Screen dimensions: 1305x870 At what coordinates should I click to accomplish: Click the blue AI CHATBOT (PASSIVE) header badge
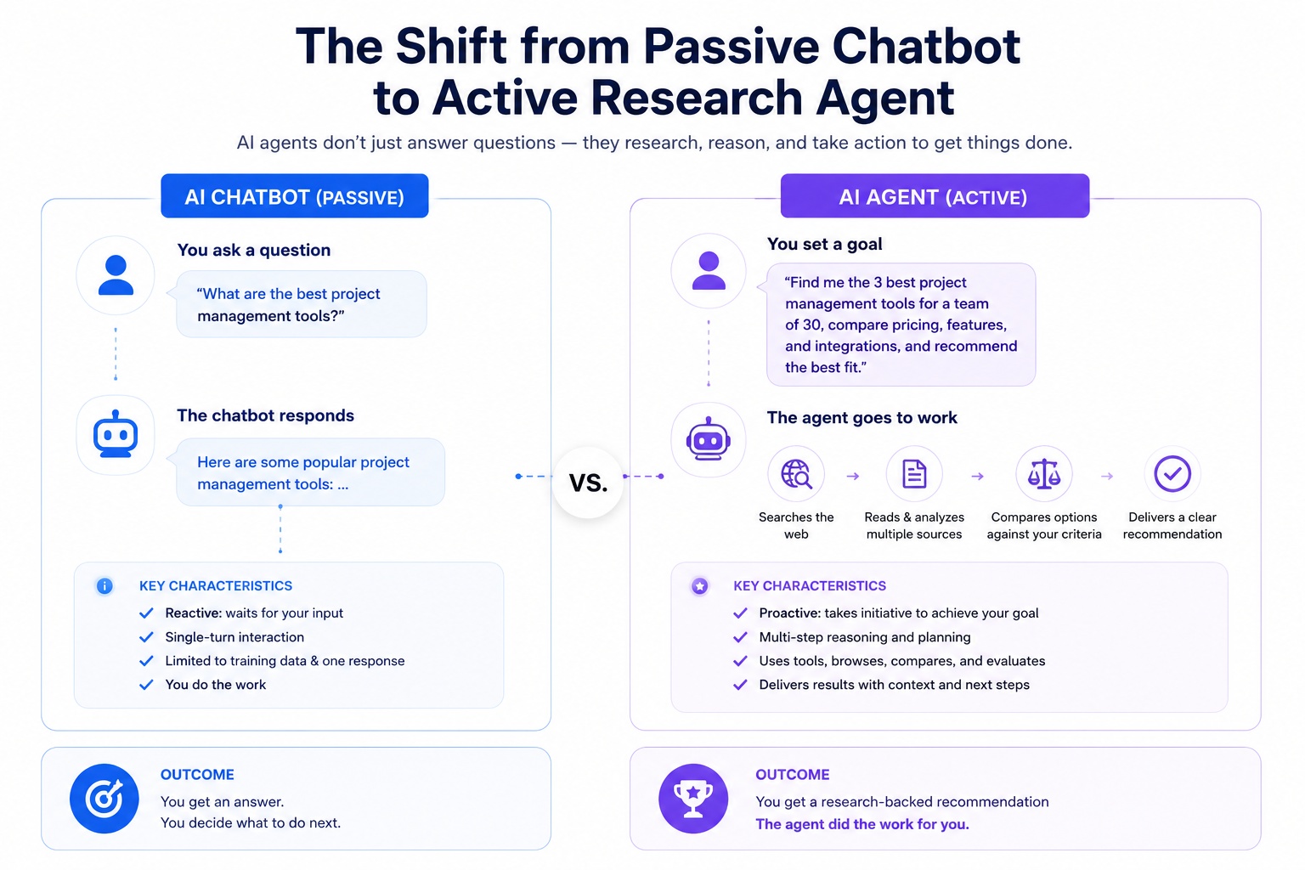click(x=295, y=196)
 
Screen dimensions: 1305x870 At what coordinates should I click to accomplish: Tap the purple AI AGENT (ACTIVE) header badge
click(x=935, y=196)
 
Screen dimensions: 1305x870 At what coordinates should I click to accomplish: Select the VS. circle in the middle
click(x=589, y=482)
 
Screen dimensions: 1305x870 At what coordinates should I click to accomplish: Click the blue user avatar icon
click(x=116, y=275)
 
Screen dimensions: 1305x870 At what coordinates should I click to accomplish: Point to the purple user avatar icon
click(x=709, y=270)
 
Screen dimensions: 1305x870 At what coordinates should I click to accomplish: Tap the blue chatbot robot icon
click(x=116, y=434)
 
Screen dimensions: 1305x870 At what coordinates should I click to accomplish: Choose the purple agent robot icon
click(x=709, y=439)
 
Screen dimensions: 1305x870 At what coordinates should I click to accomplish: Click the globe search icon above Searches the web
click(x=796, y=474)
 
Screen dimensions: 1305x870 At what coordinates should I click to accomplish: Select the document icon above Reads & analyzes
click(x=914, y=473)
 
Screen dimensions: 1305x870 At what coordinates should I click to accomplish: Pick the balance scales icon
click(x=1044, y=473)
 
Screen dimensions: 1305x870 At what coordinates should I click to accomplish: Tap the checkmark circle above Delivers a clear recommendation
click(x=1172, y=473)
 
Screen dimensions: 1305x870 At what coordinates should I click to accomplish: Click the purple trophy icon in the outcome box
click(x=693, y=799)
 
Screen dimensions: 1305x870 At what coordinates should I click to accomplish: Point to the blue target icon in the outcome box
click(x=105, y=799)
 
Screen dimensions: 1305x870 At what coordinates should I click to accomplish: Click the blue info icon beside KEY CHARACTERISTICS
click(x=105, y=585)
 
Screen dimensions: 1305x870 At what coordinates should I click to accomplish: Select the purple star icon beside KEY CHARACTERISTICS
click(x=700, y=585)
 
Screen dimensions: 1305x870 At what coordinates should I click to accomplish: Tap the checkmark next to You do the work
click(x=146, y=685)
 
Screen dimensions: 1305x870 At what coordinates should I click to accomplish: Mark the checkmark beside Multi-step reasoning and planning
click(x=740, y=637)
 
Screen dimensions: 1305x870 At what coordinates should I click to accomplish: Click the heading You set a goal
click(x=824, y=244)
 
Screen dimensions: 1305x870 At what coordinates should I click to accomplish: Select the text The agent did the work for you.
click(x=862, y=824)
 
